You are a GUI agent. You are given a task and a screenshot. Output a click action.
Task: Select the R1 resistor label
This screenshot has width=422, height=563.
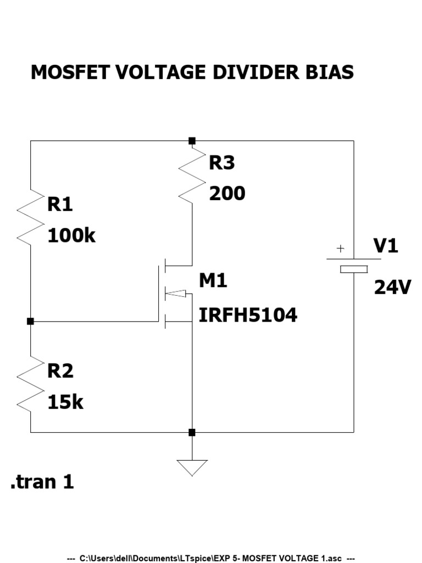(x=60, y=205)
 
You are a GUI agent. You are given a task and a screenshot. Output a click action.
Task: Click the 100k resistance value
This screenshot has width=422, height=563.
(x=71, y=236)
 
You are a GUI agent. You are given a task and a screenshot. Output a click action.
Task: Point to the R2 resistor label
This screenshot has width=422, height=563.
(x=60, y=371)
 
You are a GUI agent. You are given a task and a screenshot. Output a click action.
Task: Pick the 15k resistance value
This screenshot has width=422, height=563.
(x=65, y=402)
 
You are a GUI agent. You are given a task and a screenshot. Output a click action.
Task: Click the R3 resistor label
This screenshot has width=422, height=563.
(x=221, y=163)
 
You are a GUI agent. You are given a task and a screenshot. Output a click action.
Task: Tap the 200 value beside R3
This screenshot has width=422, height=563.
(x=226, y=194)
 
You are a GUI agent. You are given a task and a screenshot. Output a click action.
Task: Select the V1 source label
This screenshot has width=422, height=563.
(x=385, y=246)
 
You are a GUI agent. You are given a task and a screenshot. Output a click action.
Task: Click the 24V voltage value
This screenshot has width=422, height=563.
(x=392, y=287)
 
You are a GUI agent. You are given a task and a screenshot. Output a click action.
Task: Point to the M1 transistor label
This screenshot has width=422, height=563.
(x=213, y=281)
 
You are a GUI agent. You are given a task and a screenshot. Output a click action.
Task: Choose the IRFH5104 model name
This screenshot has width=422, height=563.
(x=247, y=315)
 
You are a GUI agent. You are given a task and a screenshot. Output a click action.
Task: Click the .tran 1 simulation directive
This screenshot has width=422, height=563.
(x=42, y=482)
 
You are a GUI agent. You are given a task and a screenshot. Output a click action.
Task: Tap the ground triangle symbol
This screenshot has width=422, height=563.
(x=192, y=467)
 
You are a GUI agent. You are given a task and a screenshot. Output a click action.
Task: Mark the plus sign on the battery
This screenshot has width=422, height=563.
(x=340, y=249)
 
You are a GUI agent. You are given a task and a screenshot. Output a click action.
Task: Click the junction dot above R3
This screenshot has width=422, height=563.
(x=192, y=141)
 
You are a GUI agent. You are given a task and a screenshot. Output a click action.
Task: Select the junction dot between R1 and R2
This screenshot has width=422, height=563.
(x=30, y=321)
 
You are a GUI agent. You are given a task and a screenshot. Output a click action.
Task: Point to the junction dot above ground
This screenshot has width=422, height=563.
(x=192, y=433)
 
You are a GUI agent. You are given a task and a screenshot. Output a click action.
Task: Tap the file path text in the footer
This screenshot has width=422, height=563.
(x=211, y=558)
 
